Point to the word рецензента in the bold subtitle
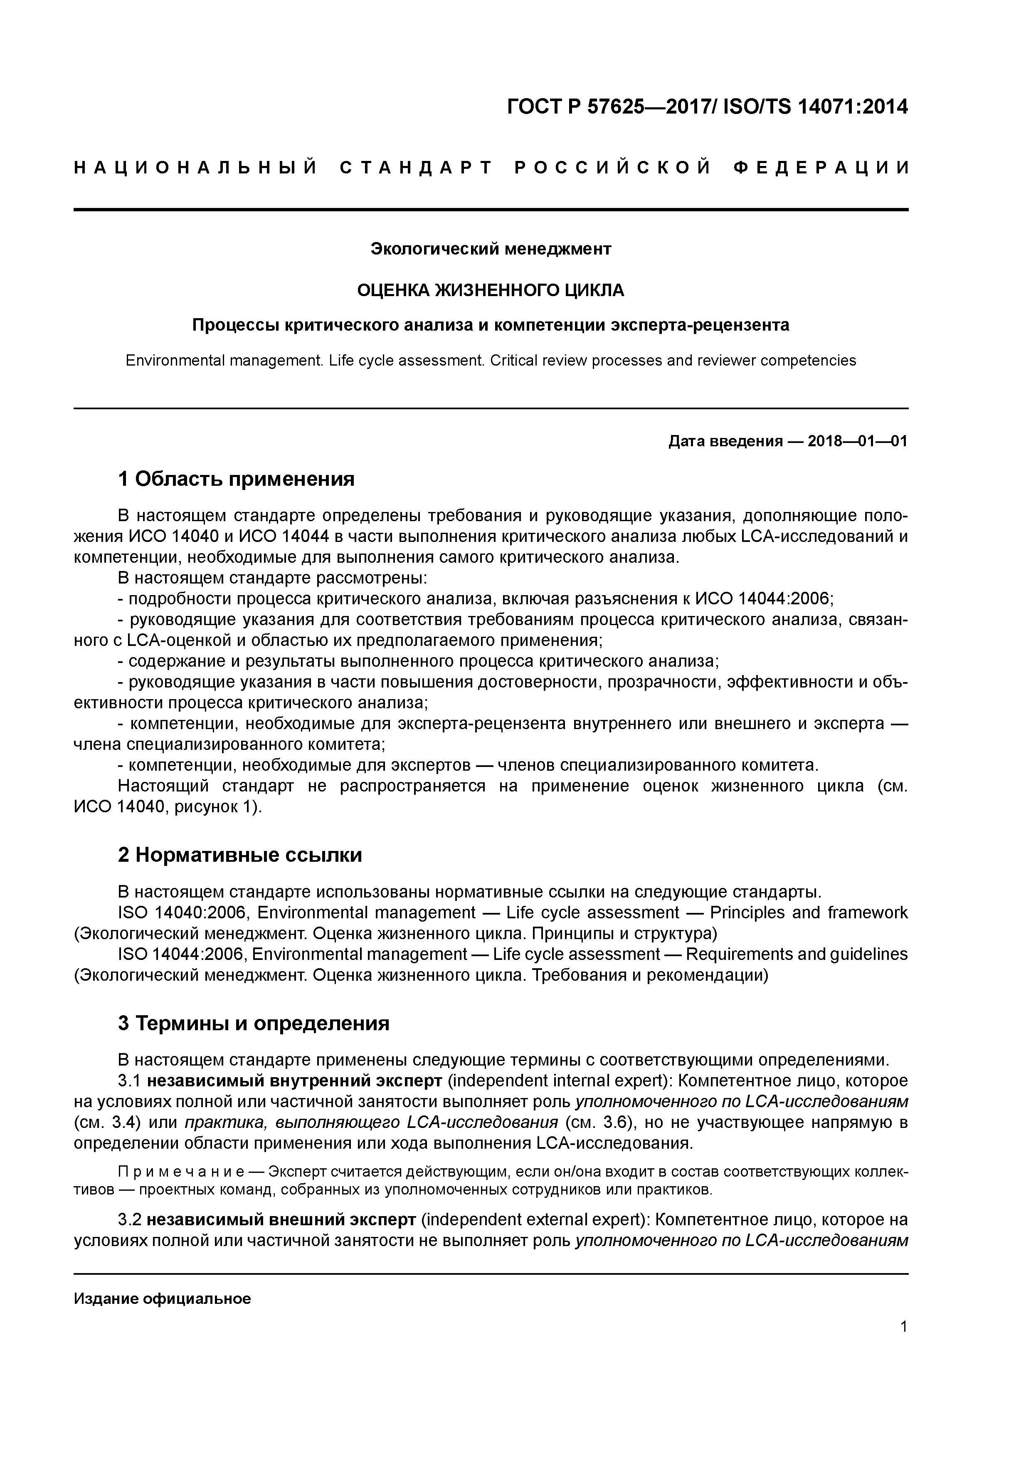point(737,325)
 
